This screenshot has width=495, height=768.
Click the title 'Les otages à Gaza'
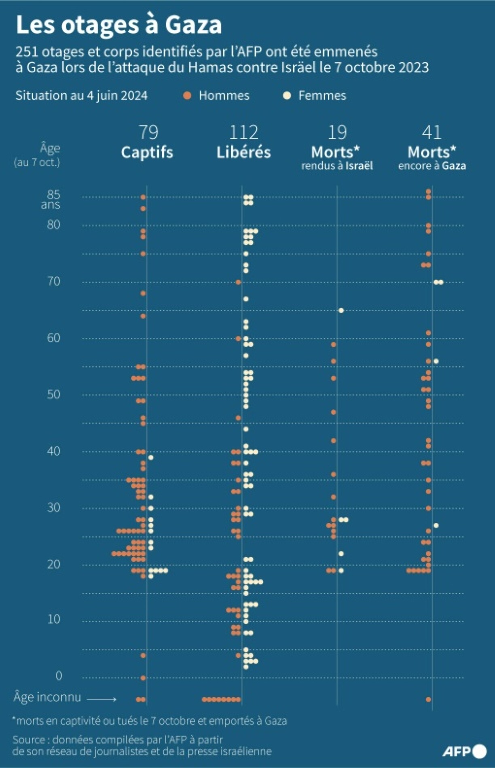click(118, 25)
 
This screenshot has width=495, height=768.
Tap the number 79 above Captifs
click(148, 132)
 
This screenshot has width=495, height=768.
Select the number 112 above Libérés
click(243, 132)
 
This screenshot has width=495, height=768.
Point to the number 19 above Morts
click(337, 132)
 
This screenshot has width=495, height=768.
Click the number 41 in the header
click(432, 132)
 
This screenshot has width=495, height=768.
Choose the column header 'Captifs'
click(147, 152)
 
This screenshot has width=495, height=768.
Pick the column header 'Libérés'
click(243, 152)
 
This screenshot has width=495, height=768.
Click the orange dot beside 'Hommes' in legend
click(187, 96)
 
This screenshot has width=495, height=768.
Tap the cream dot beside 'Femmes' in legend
click(287, 96)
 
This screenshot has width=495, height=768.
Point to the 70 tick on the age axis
click(54, 281)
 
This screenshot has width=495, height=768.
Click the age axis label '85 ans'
click(51, 199)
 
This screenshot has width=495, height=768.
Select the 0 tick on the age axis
click(59, 675)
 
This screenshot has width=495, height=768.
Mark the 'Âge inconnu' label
click(47, 697)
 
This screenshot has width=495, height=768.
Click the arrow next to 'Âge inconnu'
click(102, 699)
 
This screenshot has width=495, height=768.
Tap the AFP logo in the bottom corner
click(464, 751)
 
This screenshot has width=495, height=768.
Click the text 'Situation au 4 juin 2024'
click(81, 96)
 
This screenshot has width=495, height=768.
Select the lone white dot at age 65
click(341, 310)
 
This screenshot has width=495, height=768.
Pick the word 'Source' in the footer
click(29, 740)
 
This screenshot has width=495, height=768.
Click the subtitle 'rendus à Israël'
click(337, 166)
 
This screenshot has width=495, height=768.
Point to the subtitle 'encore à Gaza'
click(432, 166)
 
